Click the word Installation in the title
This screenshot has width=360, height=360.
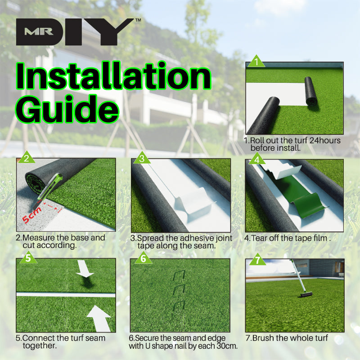[113, 76]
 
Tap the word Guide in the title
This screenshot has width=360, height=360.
[67, 109]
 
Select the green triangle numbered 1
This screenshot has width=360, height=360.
[256, 62]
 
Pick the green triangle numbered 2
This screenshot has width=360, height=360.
[27, 158]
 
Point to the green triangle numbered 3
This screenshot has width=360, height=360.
[142, 158]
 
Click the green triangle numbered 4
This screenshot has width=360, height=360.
[256, 159]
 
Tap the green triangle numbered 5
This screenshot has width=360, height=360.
[28, 257]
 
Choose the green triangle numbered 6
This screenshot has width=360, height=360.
[143, 258]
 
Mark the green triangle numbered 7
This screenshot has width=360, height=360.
[257, 260]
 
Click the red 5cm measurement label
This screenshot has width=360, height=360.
[31, 215]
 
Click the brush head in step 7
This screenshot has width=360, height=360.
[306, 294]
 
